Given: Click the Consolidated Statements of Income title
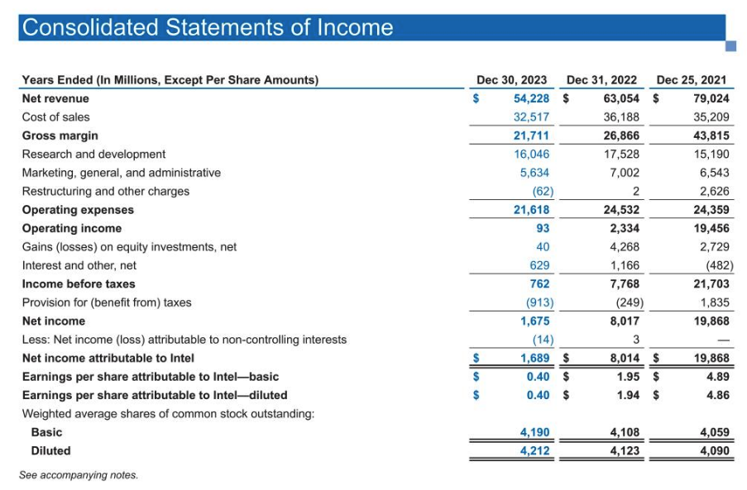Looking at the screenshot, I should click(x=208, y=27).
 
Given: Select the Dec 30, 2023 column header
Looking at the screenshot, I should click(x=511, y=80).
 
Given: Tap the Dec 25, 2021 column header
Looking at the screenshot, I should click(x=691, y=80).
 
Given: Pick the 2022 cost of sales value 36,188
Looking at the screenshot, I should click(x=621, y=117).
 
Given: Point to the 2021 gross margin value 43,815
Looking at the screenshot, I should click(x=711, y=136).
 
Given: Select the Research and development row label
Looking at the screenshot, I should click(x=93, y=155).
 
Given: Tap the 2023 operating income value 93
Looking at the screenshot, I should click(x=542, y=228).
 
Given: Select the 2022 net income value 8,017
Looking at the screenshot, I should click(x=624, y=321).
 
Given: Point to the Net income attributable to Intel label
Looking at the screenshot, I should click(x=108, y=358).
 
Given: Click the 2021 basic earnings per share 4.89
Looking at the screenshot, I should click(x=717, y=376).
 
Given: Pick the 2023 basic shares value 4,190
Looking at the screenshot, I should click(x=534, y=432).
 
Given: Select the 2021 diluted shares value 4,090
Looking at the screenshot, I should click(x=714, y=451).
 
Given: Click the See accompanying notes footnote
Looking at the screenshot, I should click(x=79, y=475).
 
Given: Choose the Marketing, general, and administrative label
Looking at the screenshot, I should click(x=122, y=173).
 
